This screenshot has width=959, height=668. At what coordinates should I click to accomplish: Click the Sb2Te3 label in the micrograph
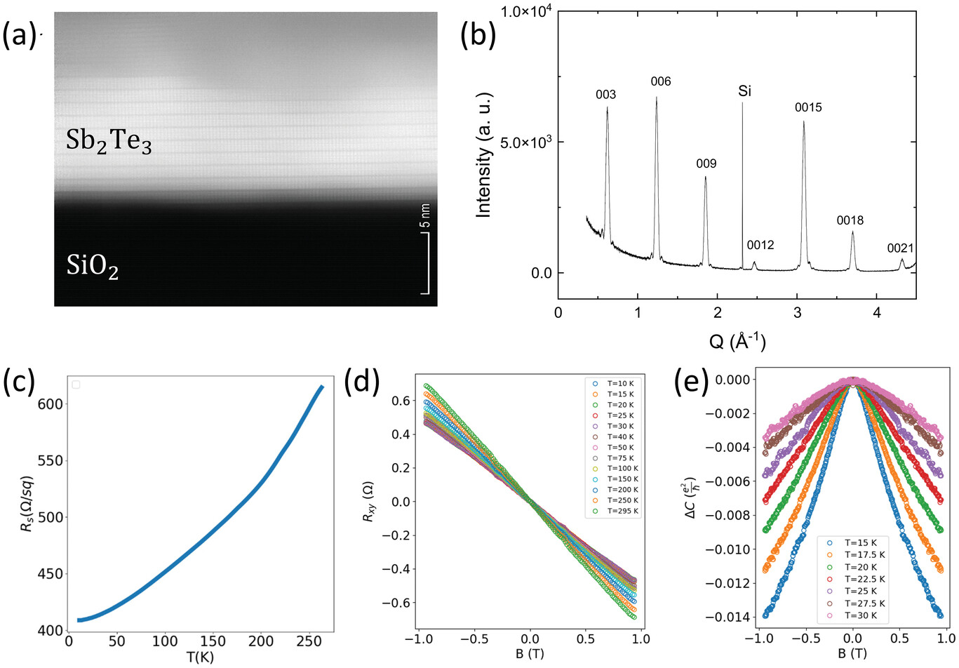coord(109,142)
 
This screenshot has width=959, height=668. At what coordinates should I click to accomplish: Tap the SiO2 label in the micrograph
coord(93,267)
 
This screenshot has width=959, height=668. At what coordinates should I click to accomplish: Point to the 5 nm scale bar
coord(426,262)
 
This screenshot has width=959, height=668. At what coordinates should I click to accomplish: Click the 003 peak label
coord(605,95)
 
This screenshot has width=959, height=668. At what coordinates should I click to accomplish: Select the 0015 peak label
coord(808,107)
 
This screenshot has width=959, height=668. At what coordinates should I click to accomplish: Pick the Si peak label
coord(744,91)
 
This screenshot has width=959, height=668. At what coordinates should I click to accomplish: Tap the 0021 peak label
coord(900,248)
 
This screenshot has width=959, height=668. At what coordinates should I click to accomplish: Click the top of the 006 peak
coord(657,98)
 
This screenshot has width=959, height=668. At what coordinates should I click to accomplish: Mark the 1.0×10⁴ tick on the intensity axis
coord(526,11)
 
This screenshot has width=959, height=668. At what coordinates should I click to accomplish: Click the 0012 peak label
coord(760,245)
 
